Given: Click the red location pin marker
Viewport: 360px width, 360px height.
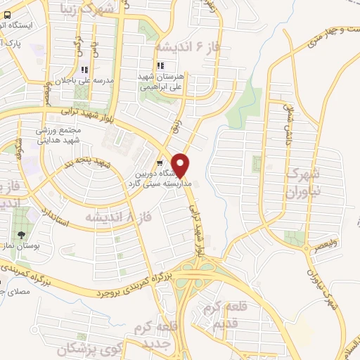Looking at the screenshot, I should click(181, 165).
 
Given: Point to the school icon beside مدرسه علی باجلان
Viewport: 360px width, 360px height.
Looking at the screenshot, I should click(85, 70).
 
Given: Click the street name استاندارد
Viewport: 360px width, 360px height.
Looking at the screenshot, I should click(54, 222).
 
